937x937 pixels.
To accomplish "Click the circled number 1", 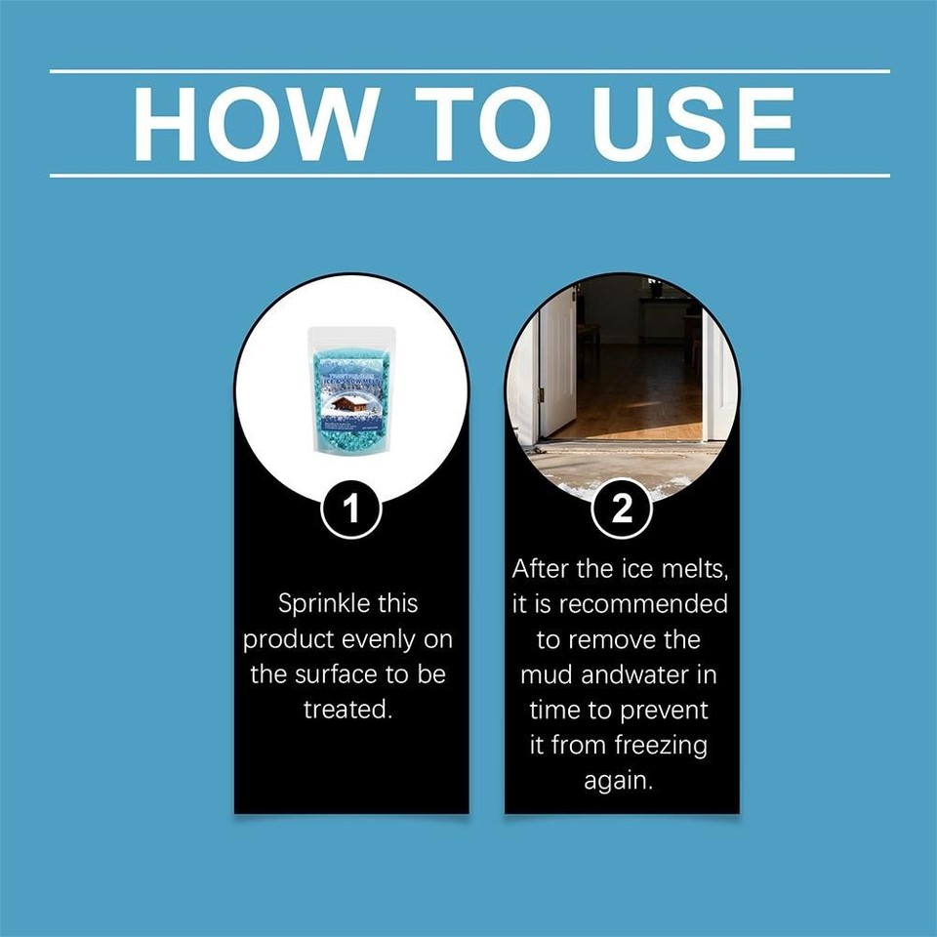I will coord(350,511).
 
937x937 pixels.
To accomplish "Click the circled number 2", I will coord(622,511).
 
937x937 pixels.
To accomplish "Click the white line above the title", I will coord(468,71).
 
